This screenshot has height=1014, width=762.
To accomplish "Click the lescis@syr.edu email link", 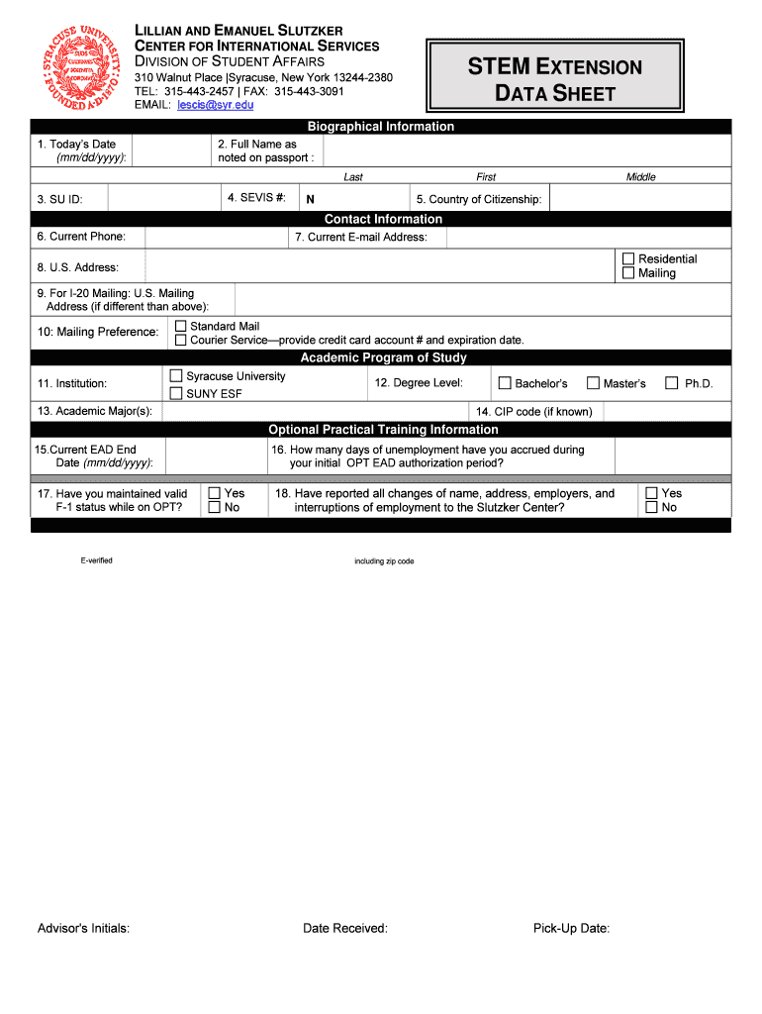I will (x=216, y=105).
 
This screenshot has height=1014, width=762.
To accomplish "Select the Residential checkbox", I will (x=627, y=258).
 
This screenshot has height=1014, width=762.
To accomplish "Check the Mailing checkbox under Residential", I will (x=627, y=273).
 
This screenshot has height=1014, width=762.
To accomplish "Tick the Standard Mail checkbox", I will (x=180, y=326).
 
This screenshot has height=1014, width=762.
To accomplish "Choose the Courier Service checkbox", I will (x=180, y=340).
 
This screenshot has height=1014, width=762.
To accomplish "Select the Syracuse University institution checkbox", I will (x=176, y=376).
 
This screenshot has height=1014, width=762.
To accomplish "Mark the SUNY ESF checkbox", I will (x=176, y=393).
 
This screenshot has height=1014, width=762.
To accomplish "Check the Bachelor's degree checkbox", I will (x=505, y=383).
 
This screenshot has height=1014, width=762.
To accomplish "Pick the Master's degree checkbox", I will (x=593, y=383).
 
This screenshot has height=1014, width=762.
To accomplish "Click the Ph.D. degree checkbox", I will (x=672, y=383).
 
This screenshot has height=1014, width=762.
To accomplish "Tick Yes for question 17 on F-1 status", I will (x=214, y=493).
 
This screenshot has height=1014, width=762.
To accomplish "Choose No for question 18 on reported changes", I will (x=651, y=507).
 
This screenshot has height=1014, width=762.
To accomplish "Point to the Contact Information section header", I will (x=383, y=219).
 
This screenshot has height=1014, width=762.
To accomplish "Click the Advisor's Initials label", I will (x=83, y=928).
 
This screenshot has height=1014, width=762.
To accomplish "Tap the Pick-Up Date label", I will (x=571, y=928).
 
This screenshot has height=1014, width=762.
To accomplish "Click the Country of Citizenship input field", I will (x=639, y=198).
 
